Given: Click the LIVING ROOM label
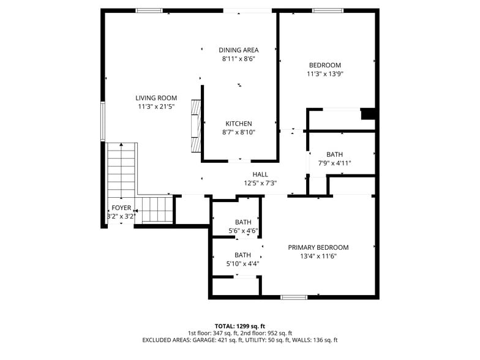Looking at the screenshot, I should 156,98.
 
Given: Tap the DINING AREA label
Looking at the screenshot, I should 239,50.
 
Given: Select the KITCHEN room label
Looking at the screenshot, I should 238,124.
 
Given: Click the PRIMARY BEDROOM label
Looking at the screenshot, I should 318,247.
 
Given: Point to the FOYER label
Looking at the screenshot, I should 121,208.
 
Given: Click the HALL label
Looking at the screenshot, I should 260,174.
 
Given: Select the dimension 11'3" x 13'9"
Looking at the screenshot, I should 325,74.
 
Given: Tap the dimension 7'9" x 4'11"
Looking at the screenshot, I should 335,163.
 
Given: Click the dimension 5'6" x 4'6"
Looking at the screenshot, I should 243,231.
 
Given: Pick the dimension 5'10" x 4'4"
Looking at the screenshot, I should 243,264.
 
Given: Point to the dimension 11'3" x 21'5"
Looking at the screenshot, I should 156,107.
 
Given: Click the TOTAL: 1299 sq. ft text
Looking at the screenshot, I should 239,326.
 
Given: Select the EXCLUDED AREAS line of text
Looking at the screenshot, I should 239,340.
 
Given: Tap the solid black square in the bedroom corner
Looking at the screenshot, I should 368,114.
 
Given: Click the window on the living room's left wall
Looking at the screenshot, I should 103,121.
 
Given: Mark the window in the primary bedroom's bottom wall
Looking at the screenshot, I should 294,297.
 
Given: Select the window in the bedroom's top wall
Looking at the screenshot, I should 328,10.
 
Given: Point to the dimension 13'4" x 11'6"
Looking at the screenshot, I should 318,256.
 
